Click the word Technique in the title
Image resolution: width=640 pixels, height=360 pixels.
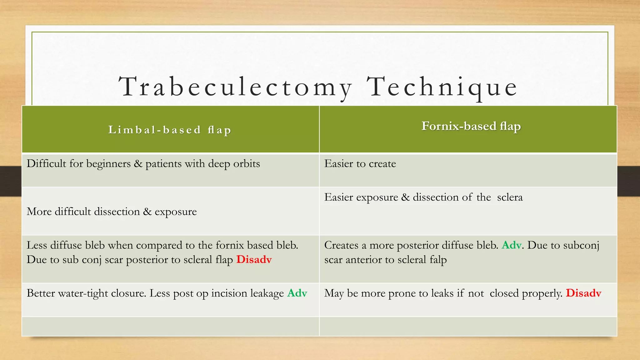coord(442,87)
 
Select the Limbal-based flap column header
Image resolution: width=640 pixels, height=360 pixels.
coord(170,130)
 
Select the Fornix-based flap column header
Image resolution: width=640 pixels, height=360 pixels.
coord(471,126)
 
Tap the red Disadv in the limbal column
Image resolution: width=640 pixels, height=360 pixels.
coord(254,260)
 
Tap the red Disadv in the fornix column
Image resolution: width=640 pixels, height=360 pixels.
coord(583,293)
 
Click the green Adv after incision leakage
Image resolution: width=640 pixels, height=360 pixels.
coord(297,293)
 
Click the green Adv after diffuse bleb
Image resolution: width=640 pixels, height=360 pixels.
coord(512,245)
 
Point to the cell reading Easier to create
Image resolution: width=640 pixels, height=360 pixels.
coord(360,164)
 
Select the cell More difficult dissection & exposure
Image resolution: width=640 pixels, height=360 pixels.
coord(112,212)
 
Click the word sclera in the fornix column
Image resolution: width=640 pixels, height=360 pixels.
coord(510,197)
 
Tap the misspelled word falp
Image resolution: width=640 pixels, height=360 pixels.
coord(438,260)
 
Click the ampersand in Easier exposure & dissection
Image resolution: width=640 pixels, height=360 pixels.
coord(405,197)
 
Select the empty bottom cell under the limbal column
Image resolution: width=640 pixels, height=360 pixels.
coord(170,327)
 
